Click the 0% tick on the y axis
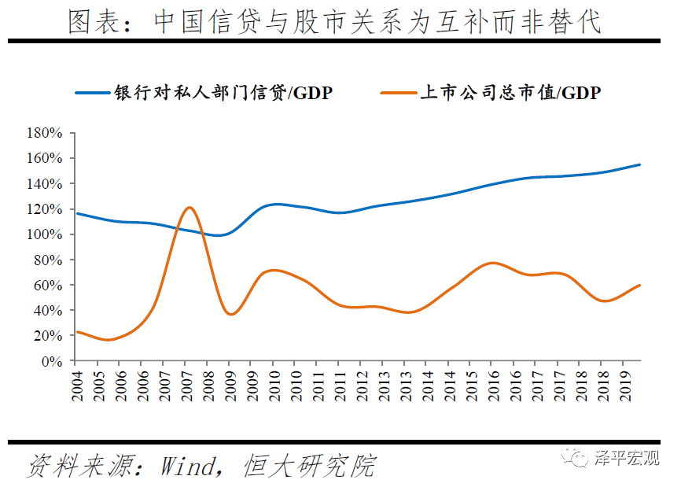50,361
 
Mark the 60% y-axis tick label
47,285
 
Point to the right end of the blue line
640,164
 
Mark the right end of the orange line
640,285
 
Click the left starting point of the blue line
76,213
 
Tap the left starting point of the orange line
76,332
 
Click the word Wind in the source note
186,466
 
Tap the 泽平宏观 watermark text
625,459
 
